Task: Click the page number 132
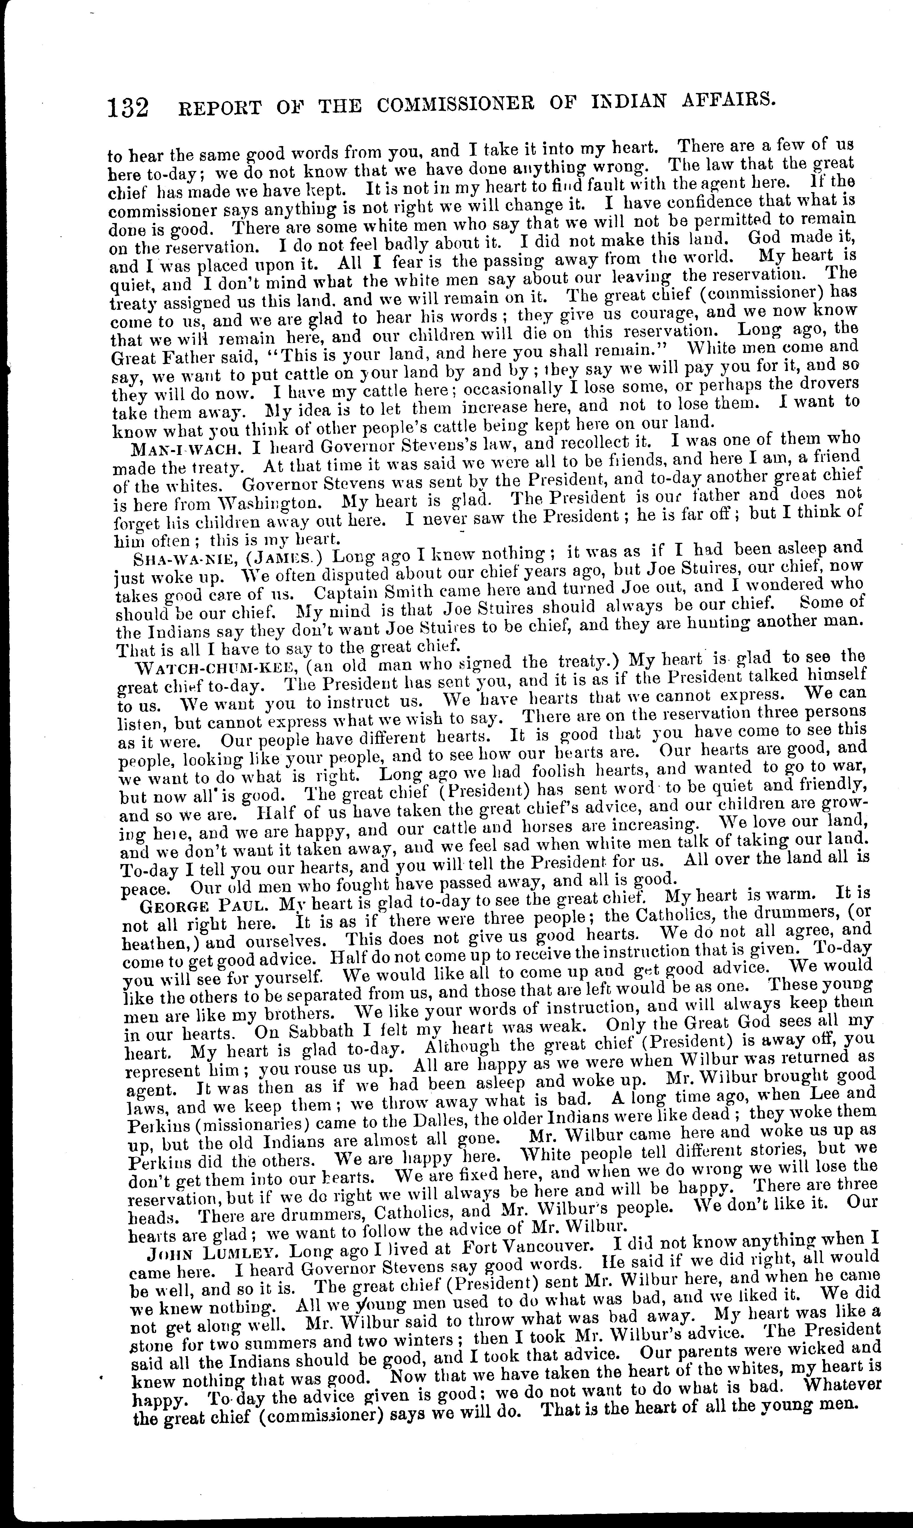128,108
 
